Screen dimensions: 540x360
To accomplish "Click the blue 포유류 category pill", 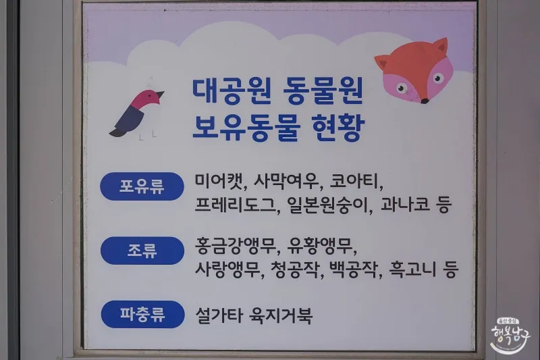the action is [x=142, y=186].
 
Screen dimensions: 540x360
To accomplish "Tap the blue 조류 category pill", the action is [x=142, y=251].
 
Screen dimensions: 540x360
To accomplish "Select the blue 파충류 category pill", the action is [x=142, y=314].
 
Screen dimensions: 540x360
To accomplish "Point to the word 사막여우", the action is [x=286, y=181].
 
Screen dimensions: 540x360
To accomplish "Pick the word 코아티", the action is [x=354, y=181].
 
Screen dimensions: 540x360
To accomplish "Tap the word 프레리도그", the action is [x=236, y=205].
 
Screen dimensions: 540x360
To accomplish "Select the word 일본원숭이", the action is [x=328, y=205].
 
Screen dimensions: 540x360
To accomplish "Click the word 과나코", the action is [x=406, y=204].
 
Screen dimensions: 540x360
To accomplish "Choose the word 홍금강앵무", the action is [x=236, y=246].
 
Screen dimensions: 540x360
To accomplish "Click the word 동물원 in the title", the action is [x=323, y=92].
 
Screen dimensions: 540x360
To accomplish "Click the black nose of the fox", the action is [x=425, y=101].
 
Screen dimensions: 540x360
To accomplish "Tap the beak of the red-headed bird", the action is [x=161, y=94].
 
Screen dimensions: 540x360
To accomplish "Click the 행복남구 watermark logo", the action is [x=511, y=335].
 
